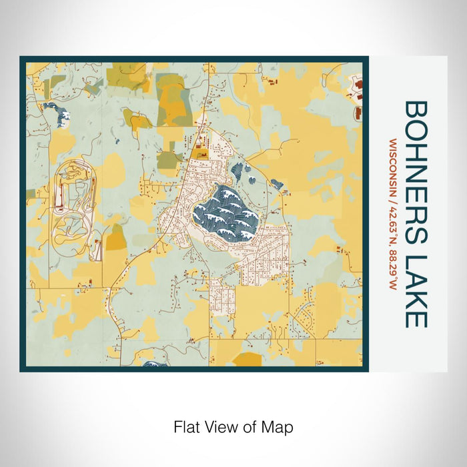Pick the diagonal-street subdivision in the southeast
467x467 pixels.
point(307,314)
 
